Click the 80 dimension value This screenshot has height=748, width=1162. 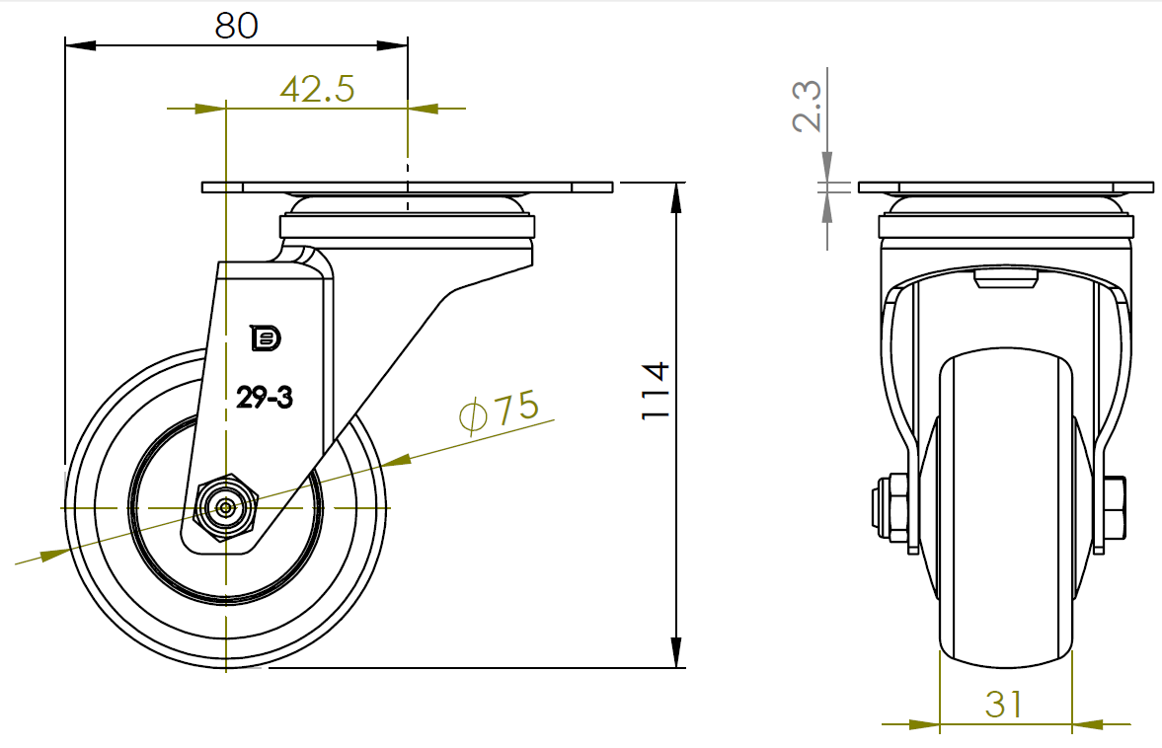(236, 26)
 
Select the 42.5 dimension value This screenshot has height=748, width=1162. (317, 89)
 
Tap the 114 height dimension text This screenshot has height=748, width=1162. (656, 392)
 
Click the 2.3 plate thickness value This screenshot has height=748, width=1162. (807, 107)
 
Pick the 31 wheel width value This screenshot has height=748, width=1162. (1004, 705)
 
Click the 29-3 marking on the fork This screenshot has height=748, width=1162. (265, 398)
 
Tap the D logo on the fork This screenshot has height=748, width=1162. (266, 337)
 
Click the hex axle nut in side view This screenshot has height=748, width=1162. (225, 508)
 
